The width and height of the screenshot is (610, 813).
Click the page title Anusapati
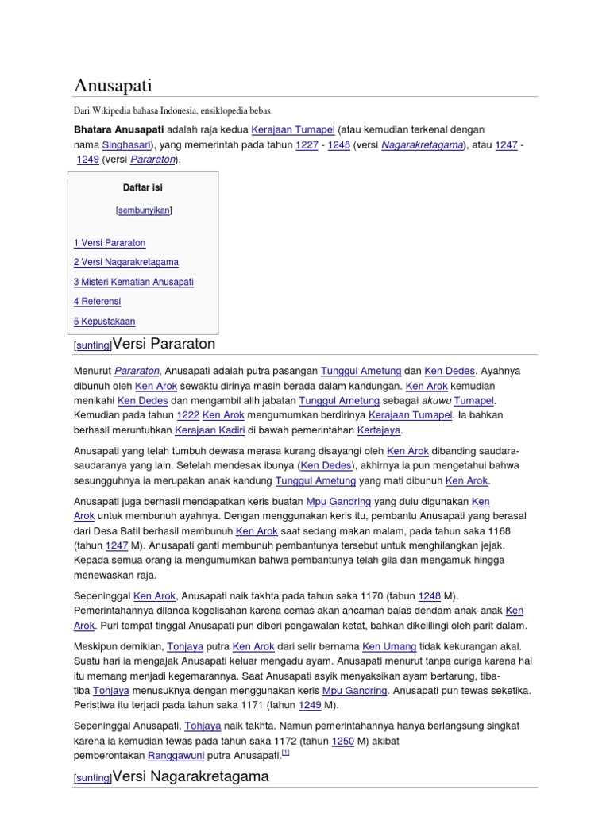[113, 85]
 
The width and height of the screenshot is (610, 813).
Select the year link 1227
[307, 145]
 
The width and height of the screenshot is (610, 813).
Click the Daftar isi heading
[143, 188]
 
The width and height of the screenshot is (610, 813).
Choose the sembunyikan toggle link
[144, 210]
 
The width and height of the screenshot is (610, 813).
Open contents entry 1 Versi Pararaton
[110, 243]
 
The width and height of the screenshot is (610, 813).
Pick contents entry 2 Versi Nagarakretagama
[125, 262]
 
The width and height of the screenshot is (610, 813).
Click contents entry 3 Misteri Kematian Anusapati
[133, 282]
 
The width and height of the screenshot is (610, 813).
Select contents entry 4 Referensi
[97, 302]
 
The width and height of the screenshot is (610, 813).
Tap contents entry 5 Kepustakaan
[104, 322]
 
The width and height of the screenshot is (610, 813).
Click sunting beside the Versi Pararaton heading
[92, 346]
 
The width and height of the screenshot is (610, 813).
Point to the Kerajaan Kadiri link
[209, 430]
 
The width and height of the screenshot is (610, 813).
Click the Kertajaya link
[379, 430]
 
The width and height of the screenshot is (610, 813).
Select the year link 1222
[187, 415]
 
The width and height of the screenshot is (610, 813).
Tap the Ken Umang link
[389, 647]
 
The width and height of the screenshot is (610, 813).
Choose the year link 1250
[342, 742]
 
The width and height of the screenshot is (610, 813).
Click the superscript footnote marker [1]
[286, 753]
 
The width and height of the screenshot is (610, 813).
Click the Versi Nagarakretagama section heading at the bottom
[191, 776]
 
